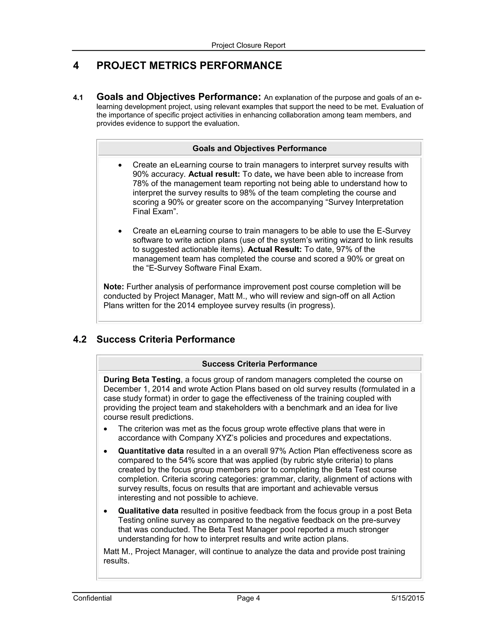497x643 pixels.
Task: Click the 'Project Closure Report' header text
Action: (x=248, y=45)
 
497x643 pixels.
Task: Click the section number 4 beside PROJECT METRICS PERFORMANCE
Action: (x=76, y=65)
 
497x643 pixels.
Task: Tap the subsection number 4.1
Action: (x=78, y=98)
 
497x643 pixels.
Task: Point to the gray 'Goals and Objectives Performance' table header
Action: (x=259, y=148)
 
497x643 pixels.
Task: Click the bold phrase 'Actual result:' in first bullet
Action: (x=214, y=174)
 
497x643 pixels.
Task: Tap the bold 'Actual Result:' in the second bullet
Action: (x=274, y=250)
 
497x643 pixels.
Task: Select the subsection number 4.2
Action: (x=80, y=339)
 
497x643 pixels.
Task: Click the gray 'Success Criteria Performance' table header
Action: (x=259, y=364)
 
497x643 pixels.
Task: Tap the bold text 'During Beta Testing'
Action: (x=142, y=379)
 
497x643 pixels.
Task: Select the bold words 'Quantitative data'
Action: (x=151, y=451)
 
